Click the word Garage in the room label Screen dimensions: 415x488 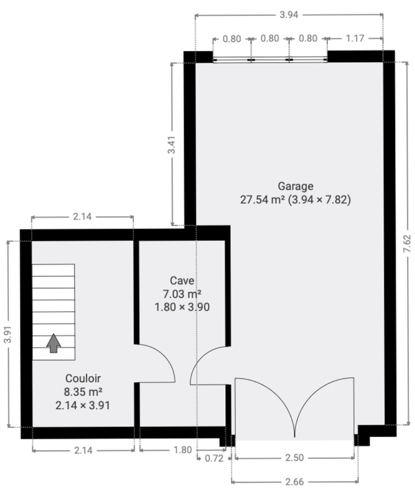(296, 186)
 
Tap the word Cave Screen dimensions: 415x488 (182, 280)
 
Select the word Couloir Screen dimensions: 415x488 (83, 378)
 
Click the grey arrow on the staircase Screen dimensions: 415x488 (53, 343)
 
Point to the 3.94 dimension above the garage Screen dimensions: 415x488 (289, 15)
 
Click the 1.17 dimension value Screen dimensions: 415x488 (355, 38)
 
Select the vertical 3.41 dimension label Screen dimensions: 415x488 (171, 145)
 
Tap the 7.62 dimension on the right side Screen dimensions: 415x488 (407, 243)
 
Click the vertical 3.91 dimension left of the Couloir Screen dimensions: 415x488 (8, 335)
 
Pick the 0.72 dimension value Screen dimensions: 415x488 (215, 458)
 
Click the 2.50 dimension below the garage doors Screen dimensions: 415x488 (294, 458)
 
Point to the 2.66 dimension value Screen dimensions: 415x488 (294, 482)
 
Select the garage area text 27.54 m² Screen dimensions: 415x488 (262, 200)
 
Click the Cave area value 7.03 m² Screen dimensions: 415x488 (182, 294)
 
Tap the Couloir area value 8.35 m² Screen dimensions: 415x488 (83, 391)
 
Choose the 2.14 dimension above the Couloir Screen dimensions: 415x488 (82, 216)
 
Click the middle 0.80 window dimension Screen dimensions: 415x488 (270, 38)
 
